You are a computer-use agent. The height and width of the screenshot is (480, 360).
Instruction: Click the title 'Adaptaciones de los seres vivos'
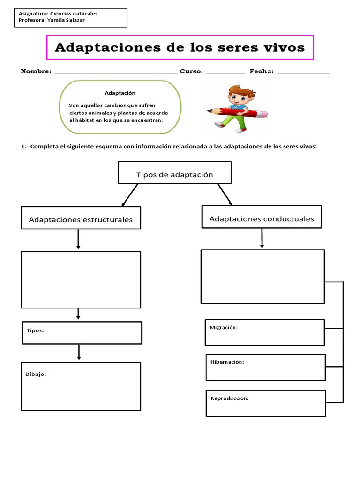(x=180, y=47)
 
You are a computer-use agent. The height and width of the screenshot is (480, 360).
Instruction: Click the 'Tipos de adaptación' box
(x=174, y=174)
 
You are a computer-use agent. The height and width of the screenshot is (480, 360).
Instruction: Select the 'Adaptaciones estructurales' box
(x=81, y=219)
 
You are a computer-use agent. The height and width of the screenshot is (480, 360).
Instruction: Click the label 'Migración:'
(x=224, y=327)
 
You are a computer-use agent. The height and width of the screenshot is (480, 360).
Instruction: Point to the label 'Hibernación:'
(x=227, y=362)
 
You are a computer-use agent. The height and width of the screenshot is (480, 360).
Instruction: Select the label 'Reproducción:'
(x=230, y=398)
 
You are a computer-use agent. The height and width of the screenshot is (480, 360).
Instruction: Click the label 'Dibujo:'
(x=36, y=374)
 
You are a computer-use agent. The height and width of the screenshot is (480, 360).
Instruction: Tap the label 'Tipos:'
(x=35, y=330)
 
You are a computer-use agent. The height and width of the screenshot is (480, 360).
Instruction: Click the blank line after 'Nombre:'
(x=116, y=73)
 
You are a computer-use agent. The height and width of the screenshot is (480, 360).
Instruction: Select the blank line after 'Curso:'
(x=225, y=73)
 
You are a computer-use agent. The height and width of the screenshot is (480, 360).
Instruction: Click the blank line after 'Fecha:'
(x=303, y=73)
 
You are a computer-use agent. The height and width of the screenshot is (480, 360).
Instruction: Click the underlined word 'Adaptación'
(x=120, y=93)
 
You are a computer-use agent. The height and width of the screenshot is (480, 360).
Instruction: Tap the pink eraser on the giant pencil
(x=262, y=114)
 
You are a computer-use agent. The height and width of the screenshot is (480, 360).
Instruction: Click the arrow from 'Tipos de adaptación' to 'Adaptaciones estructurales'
(x=129, y=195)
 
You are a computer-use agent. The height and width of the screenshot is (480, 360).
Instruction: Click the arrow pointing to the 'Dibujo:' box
(x=79, y=352)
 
